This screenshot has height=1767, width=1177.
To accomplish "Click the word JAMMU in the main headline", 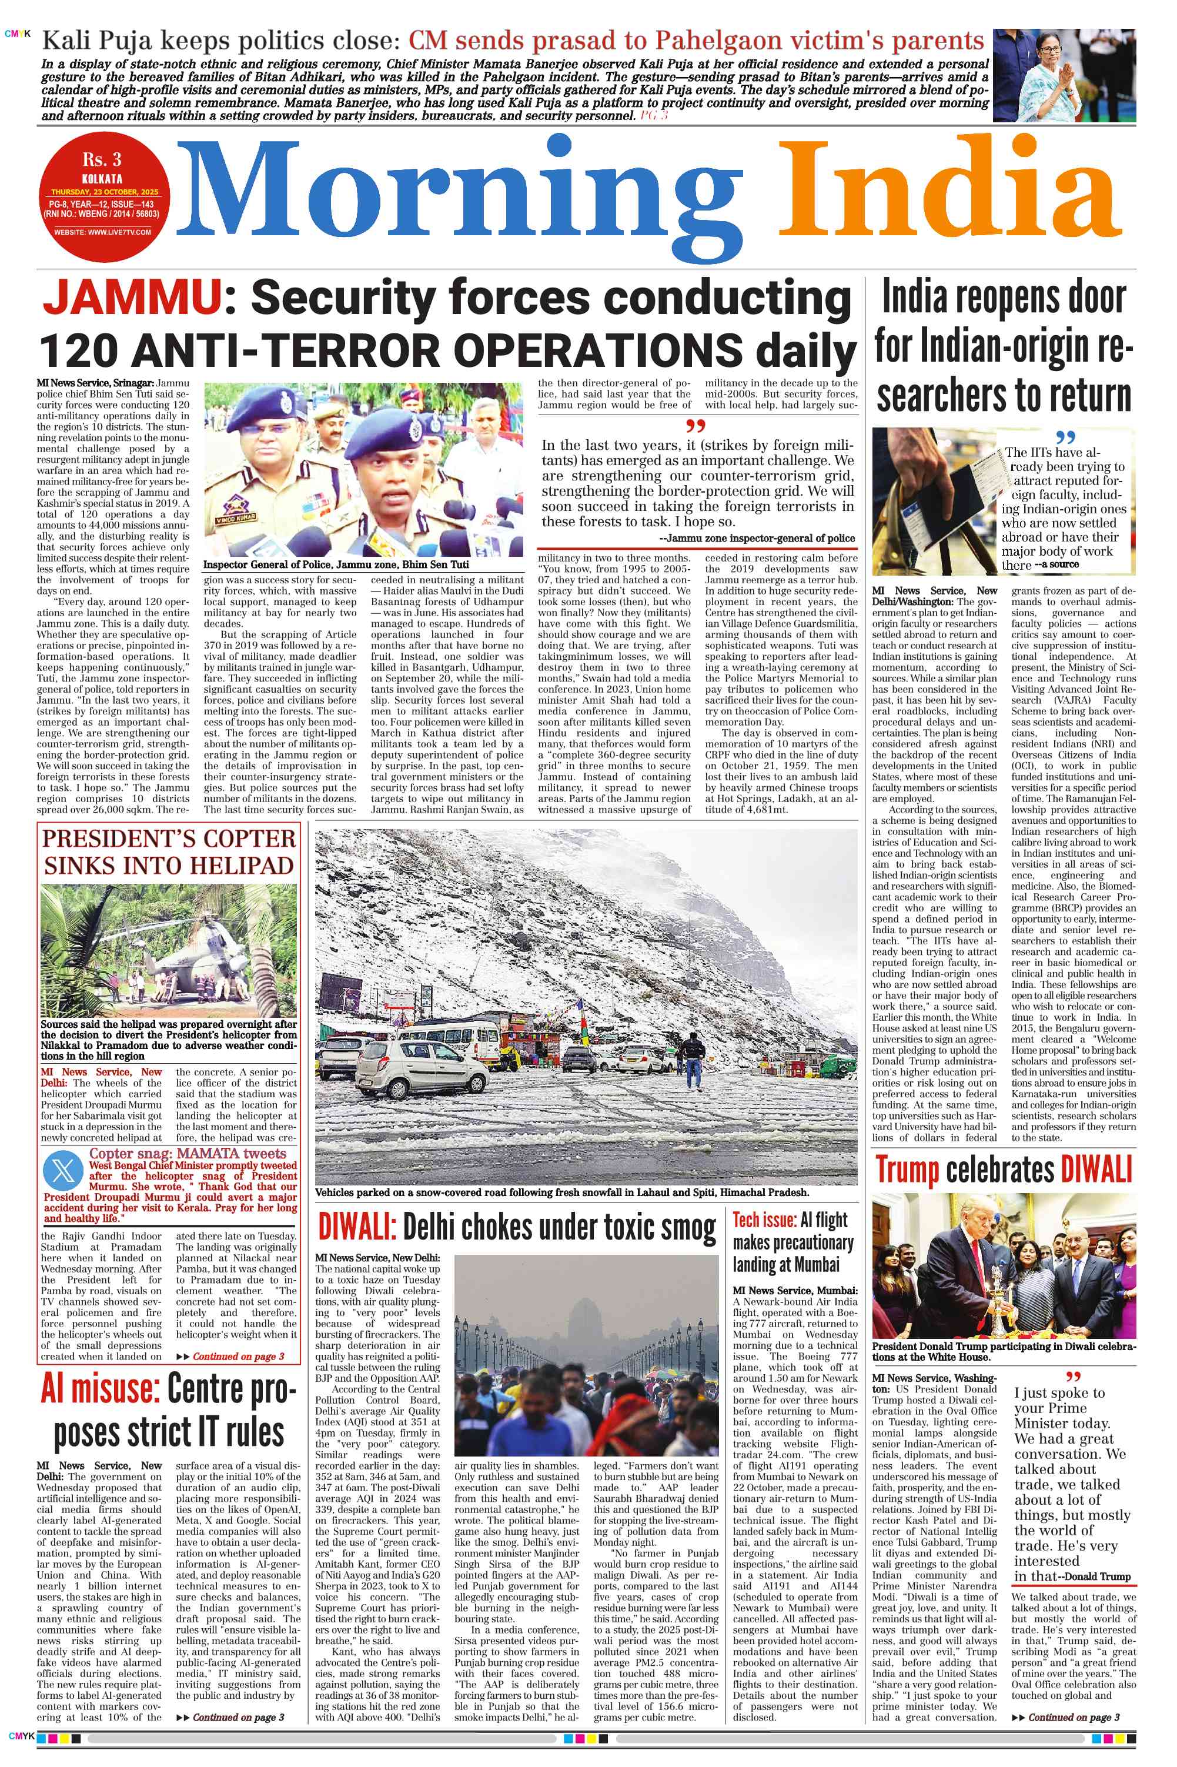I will point(132,298).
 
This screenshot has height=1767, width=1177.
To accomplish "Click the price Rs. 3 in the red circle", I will point(102,160).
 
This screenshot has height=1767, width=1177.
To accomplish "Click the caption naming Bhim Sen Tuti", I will point(336,564).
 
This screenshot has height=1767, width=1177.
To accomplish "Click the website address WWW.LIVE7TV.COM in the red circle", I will point(102,233).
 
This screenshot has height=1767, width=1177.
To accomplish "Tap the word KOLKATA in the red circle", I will point(102,179).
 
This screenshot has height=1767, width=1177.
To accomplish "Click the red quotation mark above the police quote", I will point(696,426).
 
